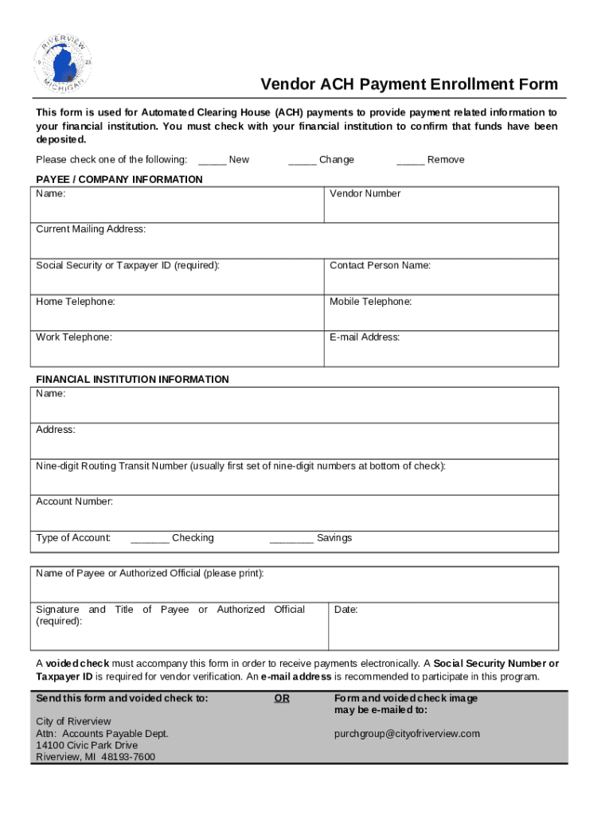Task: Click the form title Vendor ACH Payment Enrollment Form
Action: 410,84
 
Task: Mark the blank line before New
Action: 212,160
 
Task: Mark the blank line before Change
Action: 303,160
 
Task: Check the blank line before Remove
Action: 410,160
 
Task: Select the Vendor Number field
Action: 441,206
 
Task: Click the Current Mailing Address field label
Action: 91,229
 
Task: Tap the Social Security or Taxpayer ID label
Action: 127,265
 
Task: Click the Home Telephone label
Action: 76,302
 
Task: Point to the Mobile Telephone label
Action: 370,302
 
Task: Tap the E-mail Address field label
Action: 365,337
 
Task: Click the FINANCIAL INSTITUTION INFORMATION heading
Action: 132,380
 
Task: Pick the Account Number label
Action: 74,501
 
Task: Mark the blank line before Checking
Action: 150,539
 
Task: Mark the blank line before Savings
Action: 291,539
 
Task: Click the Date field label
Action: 346,610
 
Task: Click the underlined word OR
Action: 282,698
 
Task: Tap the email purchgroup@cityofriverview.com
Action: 407,734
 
